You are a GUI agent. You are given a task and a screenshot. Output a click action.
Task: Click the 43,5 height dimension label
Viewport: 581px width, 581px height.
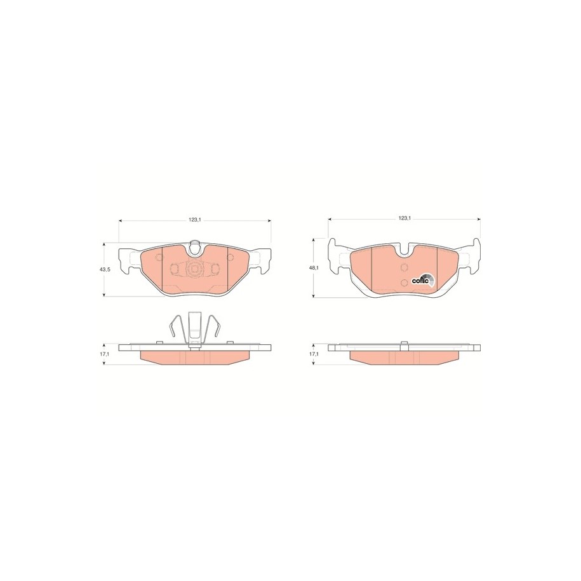105,270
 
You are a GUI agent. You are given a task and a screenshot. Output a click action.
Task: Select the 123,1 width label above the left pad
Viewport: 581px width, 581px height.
194,220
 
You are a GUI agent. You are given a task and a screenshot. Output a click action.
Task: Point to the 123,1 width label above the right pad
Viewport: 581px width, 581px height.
404,218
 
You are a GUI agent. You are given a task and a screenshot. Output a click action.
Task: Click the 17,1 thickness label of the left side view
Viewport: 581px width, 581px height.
105,354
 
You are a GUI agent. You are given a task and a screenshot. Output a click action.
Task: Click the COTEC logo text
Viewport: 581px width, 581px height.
420,281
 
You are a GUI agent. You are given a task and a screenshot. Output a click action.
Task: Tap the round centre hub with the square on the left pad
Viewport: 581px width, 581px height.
194,269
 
